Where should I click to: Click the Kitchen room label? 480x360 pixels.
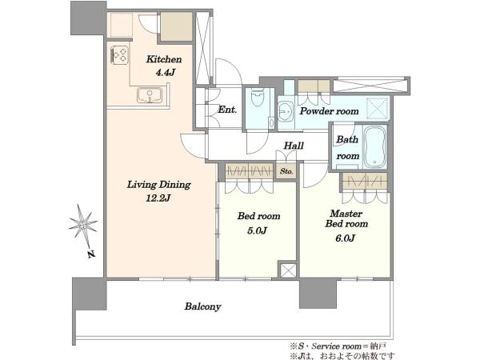pos(164,59)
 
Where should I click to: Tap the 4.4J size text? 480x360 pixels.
pos(166,73)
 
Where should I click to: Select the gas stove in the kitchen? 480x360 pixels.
pos(119,54)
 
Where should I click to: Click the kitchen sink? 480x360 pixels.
pos(150,95)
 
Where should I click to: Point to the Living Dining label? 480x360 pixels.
pos(159,185)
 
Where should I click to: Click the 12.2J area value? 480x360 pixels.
pos(158,198)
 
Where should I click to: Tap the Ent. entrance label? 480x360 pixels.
pos(227,110)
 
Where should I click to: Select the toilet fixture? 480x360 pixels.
pos(258,97)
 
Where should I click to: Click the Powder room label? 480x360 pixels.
pos(329,111)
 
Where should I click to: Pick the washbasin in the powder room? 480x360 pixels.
pos(286,111)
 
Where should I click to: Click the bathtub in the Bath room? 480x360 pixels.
pos(375,146)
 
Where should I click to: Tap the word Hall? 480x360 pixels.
pos(294,146)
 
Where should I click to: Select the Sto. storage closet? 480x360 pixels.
pos(286,171)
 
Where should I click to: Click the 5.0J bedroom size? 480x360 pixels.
pos(258,230)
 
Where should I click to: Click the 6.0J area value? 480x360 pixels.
pos(346,238)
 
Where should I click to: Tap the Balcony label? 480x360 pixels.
pos(202,306)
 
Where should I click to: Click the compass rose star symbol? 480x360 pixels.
pos(82,225)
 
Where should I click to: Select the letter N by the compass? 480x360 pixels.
pos(90,254)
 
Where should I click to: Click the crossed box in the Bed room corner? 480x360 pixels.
pos(288,270)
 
